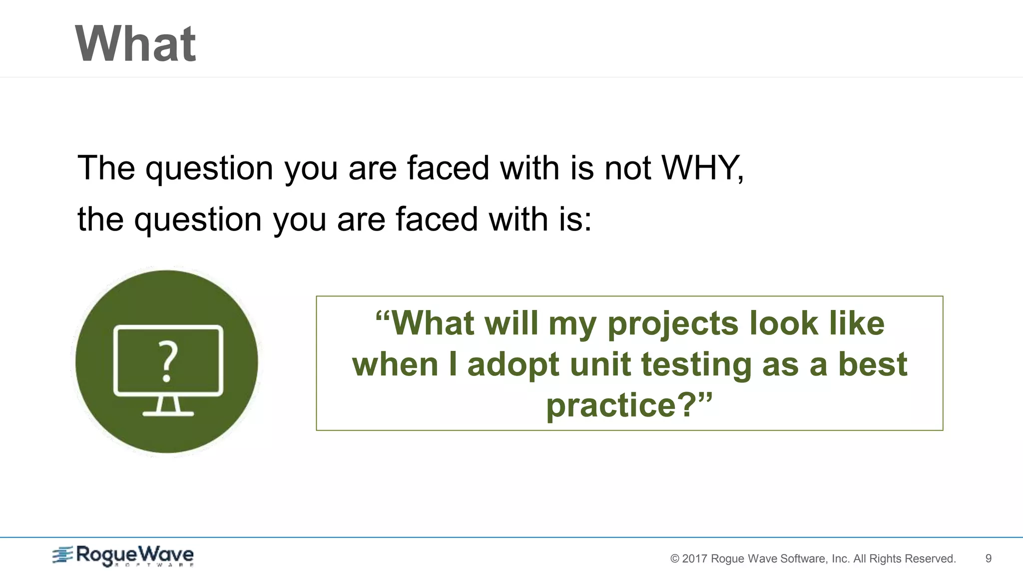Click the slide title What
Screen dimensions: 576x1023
pyautogui.click(x=135, y=44)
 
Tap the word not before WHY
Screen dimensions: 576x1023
pyautogui.click(x=628, y=167)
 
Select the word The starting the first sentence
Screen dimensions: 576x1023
pyautogui.click(x=106, y=167)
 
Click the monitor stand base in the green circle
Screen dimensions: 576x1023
pyautogui.click(x=168, y=413)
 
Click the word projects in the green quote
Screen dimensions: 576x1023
pyautogui.click(x=673, y=323)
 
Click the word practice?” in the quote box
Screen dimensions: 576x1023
pyautogui.click(x=629, y=405)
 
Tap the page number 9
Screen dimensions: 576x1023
pyautogui.click(x=988, y=558)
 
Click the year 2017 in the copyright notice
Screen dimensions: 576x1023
pyautogui.click(x=694, y=558)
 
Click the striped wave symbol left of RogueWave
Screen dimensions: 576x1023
pyautogui.click(x=63, y=555)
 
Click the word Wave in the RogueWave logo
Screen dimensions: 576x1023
pyautogui.click(x=165, y=554)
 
